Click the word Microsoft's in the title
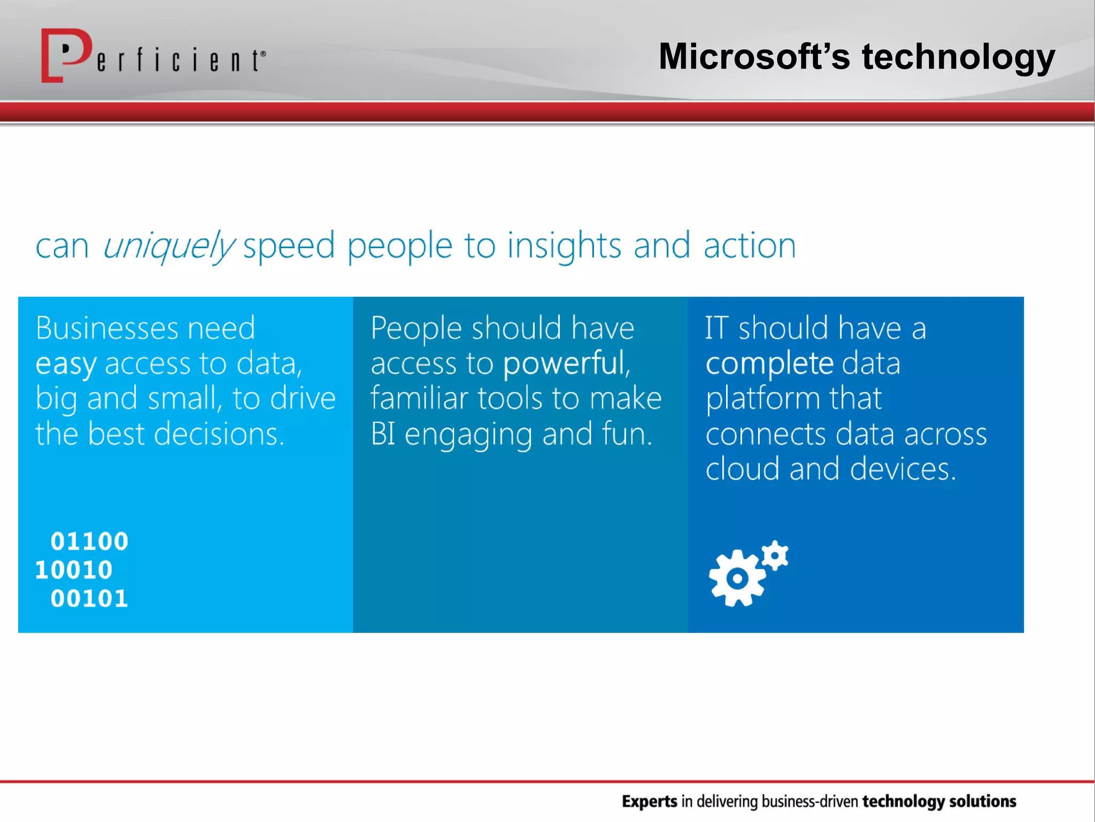(x=754, y=57)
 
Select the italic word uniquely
(x=168, y=246)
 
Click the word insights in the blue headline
(x=564, y=246)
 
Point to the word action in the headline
(x=750, y=246)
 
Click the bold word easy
(x=66, y=364)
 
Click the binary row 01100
(x=89, y=542)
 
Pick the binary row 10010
(x=74, y=570)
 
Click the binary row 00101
(x=89, y=598)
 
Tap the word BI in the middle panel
(x=383, y=433)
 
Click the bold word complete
(x=769, y=364)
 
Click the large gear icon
(x=737, y=579)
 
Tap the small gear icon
(x=775, y=555)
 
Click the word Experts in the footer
(x=649, y=801)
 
